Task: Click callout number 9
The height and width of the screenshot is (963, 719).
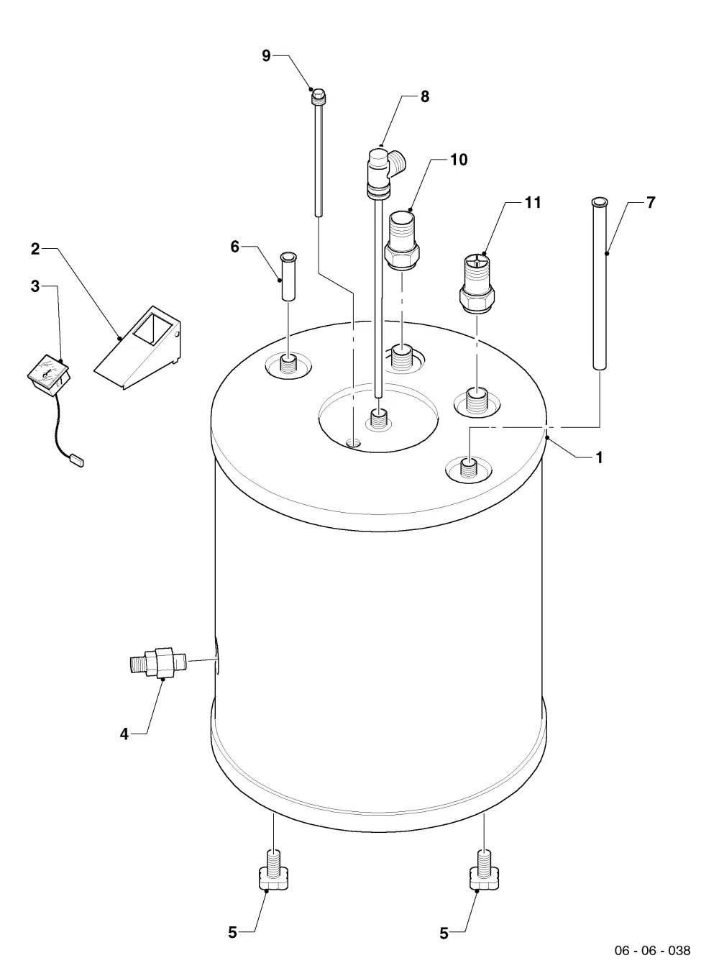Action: click(266, 56)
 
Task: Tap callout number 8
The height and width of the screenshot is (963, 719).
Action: click(425, 96)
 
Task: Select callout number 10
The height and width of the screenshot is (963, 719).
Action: click(459, 160)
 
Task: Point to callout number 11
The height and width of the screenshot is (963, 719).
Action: click(533, 202)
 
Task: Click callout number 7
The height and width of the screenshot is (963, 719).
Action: click(651, 202)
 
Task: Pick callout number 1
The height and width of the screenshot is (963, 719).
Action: click(600, 457)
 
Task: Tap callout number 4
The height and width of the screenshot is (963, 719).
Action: click(124, 734)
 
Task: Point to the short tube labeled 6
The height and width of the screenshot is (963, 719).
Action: click(288, 276)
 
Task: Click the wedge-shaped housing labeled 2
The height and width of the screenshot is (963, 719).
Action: click(138, 348)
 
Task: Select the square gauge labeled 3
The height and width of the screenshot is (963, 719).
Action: click(49, 375)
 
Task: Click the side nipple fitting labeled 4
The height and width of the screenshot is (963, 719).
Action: click(158, 661)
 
